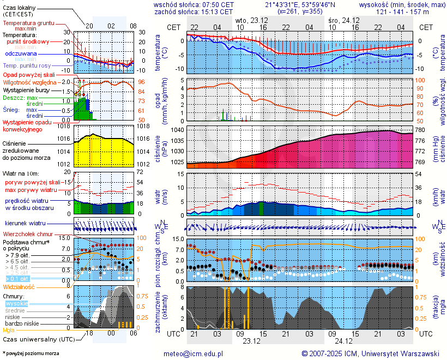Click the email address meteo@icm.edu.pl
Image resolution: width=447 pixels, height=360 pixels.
pos(194,353)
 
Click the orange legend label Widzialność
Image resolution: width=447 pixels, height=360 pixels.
pos(19,286)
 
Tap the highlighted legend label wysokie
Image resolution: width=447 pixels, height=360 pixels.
pos(16,303)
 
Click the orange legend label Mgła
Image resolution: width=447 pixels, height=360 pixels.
pos(9,330)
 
